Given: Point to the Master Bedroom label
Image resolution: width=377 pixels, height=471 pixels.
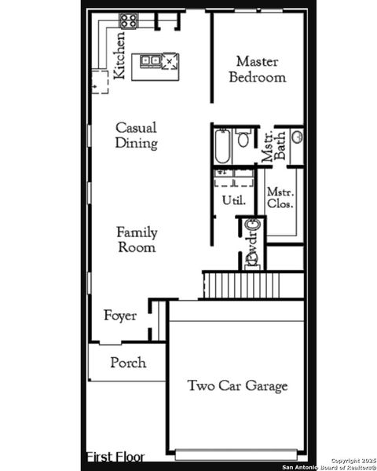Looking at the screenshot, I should (x=261, y=69).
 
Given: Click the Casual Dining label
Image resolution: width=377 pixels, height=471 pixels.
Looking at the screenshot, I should (x=136, y=135).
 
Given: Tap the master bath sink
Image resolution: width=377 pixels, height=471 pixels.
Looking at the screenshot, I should (x=298, y=137).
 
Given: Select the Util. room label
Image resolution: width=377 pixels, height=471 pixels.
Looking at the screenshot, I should (x=233, y=200).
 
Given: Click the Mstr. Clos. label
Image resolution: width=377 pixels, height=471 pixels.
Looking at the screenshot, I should (x=280, y=198).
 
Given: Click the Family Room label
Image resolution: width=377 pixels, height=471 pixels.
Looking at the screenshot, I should (x=137, y=239).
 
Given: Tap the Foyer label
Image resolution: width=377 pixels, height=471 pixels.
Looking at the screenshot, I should (x=120, y=316).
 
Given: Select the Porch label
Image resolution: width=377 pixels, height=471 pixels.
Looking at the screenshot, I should (x=127, y=363).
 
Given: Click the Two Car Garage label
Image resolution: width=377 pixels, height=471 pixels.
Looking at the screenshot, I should (x=237, y=385).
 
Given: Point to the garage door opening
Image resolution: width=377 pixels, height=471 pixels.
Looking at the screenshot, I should (x=236, y=455).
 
